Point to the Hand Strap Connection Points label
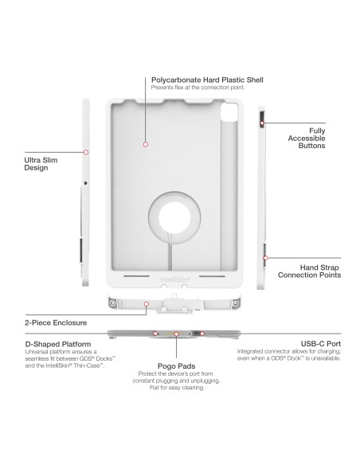[309, 271]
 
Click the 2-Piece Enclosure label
[50, 324]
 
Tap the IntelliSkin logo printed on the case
[174, 279]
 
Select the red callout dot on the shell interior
[146, 144]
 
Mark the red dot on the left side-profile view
[86, 151]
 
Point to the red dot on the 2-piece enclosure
[168, 303]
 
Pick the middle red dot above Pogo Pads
[175, 334]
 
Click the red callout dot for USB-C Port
[202, 334]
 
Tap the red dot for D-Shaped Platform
[154, 334]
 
